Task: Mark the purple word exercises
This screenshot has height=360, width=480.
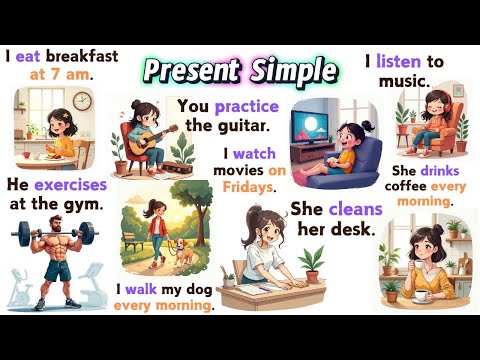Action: pos(69,184)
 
